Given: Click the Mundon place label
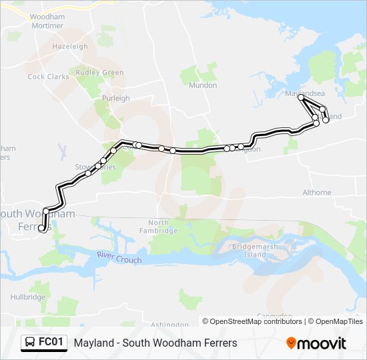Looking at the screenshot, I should click(203, 85).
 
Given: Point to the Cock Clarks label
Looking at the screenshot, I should click(48, 77).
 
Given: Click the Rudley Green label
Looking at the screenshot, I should click(100, 73).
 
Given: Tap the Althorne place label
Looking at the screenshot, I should click(317, 192).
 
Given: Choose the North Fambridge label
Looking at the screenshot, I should click(163, 227).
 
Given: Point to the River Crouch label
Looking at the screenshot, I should click(119, 257).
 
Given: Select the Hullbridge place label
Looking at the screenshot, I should click(27, 297).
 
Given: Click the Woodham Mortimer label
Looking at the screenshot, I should click(47, 21).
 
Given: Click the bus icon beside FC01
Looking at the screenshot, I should click(30, 343).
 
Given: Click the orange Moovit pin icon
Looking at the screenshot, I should click(291, 343).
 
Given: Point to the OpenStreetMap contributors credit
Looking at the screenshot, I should click(252, 321).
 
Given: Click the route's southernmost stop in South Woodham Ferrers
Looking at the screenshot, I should click(41, 228).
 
